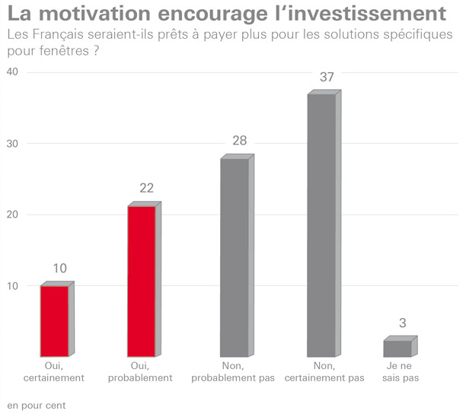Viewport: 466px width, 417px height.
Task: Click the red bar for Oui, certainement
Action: [x=54, y=320]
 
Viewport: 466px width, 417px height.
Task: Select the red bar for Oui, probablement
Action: [x=142, y=280]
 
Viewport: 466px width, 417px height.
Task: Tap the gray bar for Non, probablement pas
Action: [x=234, y=256]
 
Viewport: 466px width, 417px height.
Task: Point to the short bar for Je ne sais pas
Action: [x=397, y=348]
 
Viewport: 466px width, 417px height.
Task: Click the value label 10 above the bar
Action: [x=60, y=268]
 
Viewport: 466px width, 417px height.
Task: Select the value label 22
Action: [x=148, y=189]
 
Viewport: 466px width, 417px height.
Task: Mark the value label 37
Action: [x=327, y=78]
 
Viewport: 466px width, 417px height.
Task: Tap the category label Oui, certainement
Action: [x=58, y=371]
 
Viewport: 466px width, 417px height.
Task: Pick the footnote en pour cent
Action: [x=37, y=405]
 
